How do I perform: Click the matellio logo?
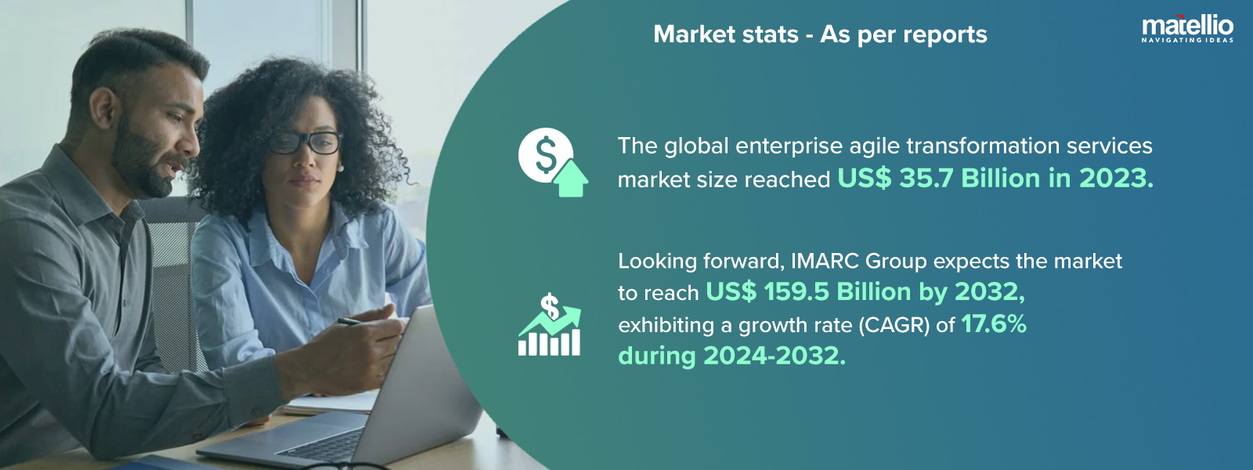(1187, 25)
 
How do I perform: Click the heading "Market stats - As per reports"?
(820, 34)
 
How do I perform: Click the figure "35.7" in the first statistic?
(926, 179)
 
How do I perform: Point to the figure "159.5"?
(796, 292)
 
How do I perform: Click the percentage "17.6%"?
(993, 324)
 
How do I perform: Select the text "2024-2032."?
(775, 356)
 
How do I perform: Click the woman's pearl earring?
(339, 167)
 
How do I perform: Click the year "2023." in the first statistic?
(1116, 179)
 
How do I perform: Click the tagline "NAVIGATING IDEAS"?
(1187, 40)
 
